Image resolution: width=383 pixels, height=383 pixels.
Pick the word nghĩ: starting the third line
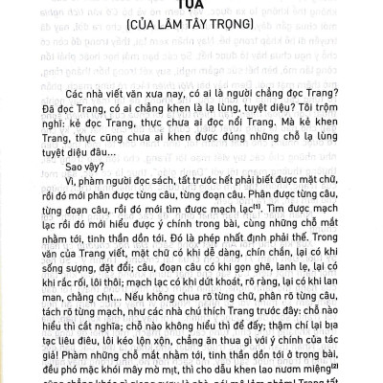point(48,150)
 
